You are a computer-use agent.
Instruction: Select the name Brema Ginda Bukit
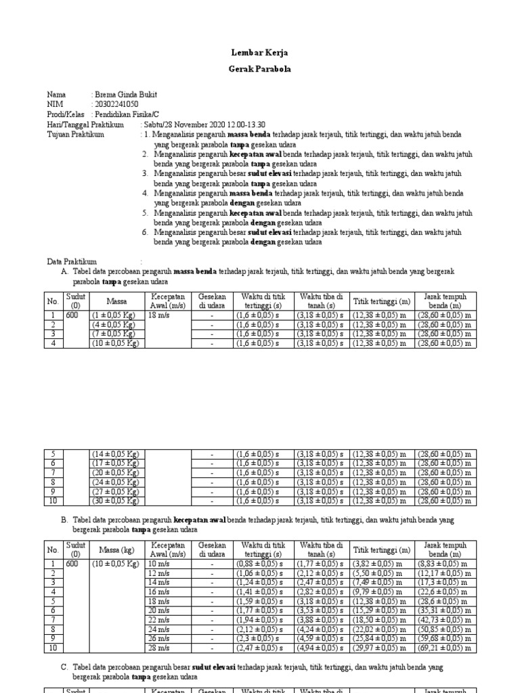point(129,95)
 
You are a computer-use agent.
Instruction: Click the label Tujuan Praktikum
point(75,135)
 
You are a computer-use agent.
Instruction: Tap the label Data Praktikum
point(72,261)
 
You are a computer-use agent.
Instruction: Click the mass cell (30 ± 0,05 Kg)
point(115,501)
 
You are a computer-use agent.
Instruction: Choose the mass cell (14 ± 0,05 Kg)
point(115,453)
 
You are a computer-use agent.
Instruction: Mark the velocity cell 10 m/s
point(160,564)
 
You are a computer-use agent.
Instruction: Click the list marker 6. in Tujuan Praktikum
point(146,232)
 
